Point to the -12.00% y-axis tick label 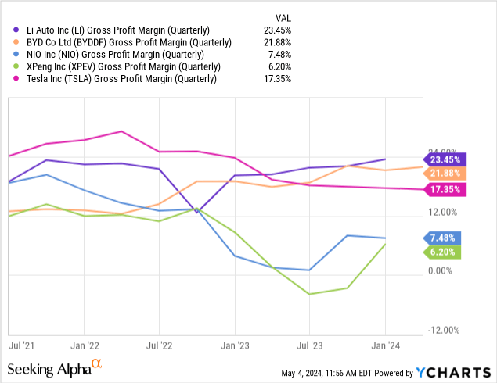441,330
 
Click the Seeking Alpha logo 55,367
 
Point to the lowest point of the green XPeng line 310,294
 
